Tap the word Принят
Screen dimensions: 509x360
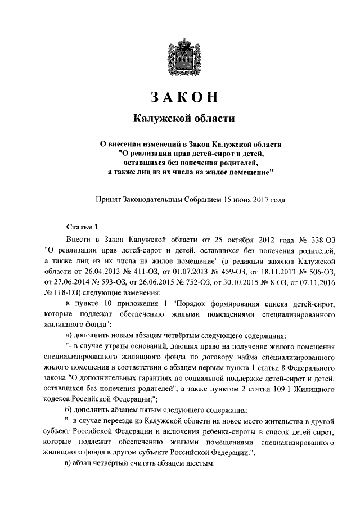tap(112, 199)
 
